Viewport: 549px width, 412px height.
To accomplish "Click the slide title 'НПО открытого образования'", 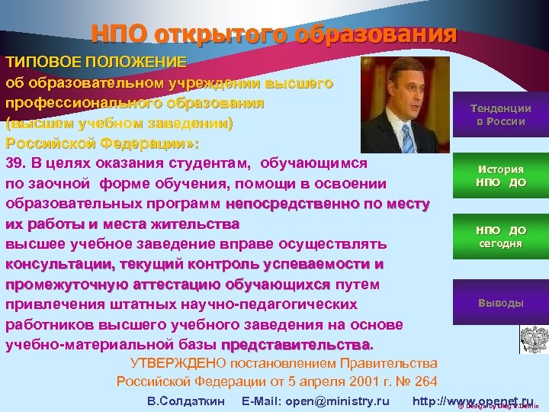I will (x=274, y=34).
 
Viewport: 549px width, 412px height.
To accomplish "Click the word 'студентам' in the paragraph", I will (x=211, y=163).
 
